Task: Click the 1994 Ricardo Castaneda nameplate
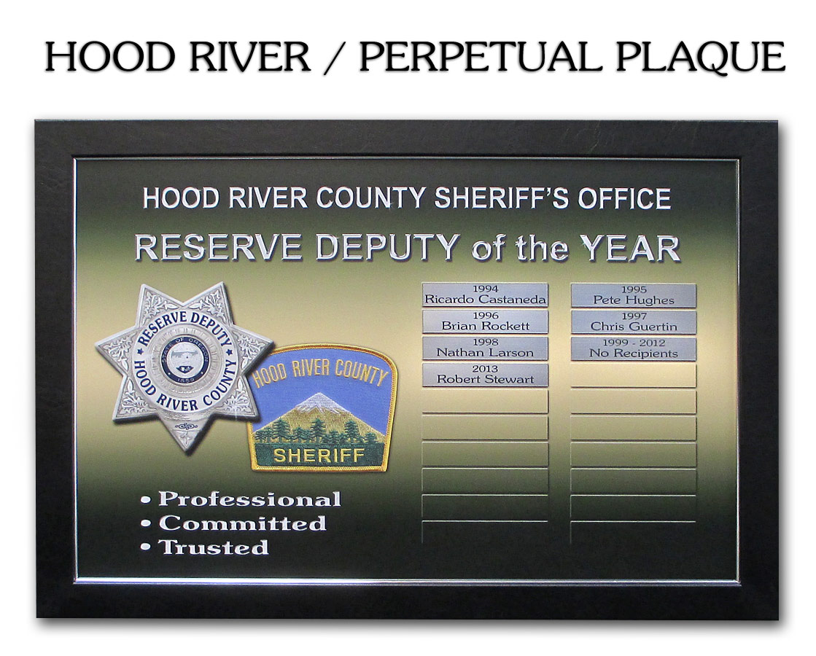484,295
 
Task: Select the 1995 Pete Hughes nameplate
634,295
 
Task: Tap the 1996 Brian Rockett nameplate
484,321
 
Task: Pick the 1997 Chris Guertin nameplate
634,322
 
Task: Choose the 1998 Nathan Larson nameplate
484,348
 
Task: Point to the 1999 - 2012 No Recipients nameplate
634,348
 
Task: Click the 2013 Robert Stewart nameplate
484,375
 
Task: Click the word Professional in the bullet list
250,499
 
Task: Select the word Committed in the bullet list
243,523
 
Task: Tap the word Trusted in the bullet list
214,547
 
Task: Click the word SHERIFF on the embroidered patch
319,456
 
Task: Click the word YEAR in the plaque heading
631,249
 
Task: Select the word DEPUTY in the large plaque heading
387,248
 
